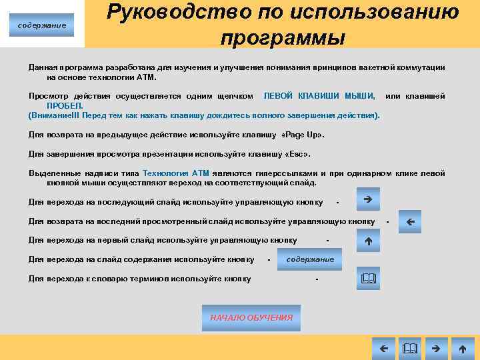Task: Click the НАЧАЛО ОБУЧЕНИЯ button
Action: pyautogui.click(x=251, y=318)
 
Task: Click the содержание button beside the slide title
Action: pyautogui.click(x=42, y=25)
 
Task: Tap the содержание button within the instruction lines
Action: pyautogui.click(x=310, y=259)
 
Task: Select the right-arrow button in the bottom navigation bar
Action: pyautogui.click(x=435, y=348)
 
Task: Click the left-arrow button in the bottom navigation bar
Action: pyautogui.click(x=383, y=348)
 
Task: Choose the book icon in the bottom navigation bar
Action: pyautogui.click(x=409, y=348)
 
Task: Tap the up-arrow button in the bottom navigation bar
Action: pyautogui.click(x=462, y=348)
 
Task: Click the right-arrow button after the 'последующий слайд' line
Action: pyautogui.click(x=368, y=199)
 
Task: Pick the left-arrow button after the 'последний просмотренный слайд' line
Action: pyautogui.click(x=410, y=221)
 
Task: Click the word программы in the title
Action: pyautogui.click(x=283, y=37)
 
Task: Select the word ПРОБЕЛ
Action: pyautogui.click(x=65, y=105)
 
